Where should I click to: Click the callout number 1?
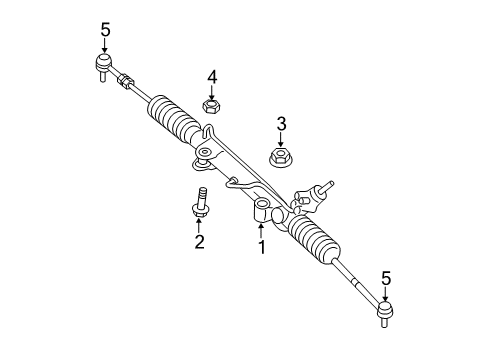[x=262, y=246]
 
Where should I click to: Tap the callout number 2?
[x=199, y=243]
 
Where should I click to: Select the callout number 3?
[x=281, y=124]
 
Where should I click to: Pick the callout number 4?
[x=212, y=76]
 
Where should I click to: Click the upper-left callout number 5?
[x=105, y=30]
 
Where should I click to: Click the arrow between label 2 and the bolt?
[x=199, y=224]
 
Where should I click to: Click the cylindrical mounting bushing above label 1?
[x=263, y=210]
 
